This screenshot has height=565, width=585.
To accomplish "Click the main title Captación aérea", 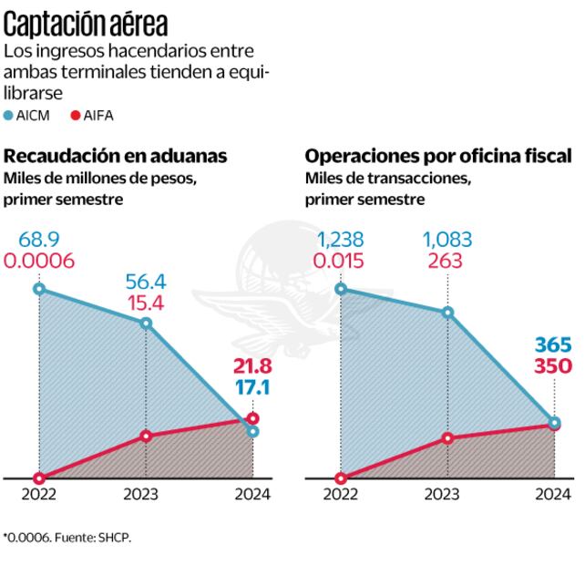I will coord(87,20).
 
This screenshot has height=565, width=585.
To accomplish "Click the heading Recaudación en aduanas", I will coord(116,156).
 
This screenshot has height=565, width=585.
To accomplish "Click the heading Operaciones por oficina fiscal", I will coord(438,156).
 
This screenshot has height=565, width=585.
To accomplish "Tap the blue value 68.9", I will coord(39,241).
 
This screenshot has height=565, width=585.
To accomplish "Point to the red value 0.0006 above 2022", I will coord(39,262).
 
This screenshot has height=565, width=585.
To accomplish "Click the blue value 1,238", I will coord(341,241).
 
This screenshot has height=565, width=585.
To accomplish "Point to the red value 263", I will coord(446,262).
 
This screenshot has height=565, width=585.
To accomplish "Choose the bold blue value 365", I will coord(553,347).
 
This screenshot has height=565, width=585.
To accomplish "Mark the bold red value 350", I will coord(553,367).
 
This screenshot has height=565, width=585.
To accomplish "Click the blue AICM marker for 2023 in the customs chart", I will coord(146,324).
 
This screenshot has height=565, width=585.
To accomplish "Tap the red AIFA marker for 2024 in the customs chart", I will coord(252,418).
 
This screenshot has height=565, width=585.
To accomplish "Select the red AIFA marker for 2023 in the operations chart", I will coord(446,438).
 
